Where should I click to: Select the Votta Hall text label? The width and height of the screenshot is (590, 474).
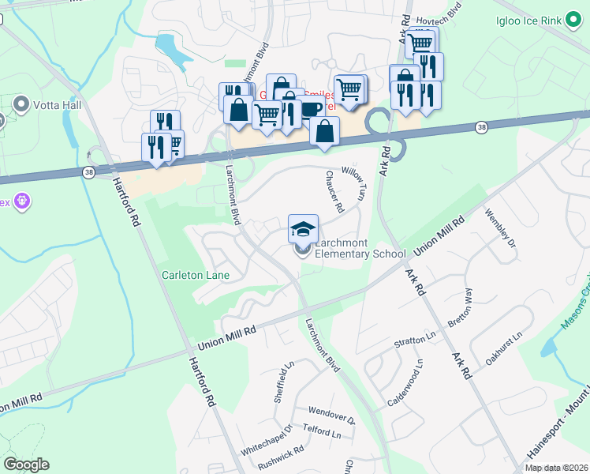click(53, 103)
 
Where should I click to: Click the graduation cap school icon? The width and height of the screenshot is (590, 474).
click(303, 229)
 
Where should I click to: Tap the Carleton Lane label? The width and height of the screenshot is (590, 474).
click(196, 275)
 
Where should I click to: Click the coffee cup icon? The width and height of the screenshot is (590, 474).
click(310, 108)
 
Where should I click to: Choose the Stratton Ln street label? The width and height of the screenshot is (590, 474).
click(415, 343)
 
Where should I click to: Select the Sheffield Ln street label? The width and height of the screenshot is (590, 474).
click(283, 382)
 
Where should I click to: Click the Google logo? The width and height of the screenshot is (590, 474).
click(26, 465)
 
